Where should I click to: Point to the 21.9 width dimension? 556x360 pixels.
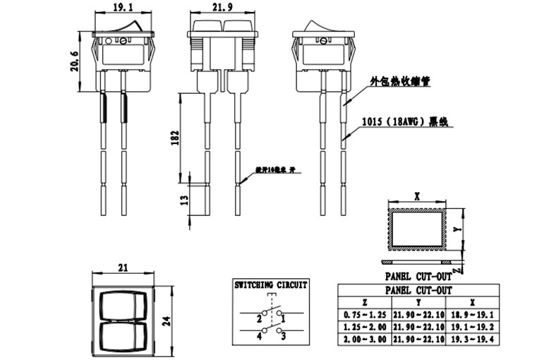(x=222, y=9)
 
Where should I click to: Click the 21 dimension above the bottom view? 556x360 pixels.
(x=124, y=267)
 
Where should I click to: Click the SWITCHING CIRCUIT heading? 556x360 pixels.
(x=271, y=284)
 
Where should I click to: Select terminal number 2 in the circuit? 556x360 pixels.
(x=260, y=319)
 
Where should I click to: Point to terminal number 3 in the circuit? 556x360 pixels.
(x=284, y=336)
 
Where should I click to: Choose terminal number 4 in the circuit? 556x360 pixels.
(x=260, y=336)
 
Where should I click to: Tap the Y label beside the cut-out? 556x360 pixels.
(x=457, y=229)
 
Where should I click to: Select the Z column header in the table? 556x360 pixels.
(x=364, y=301)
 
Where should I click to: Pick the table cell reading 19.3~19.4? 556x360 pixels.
(x=473, y=339)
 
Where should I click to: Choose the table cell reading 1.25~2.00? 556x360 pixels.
(x=364, y=326)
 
